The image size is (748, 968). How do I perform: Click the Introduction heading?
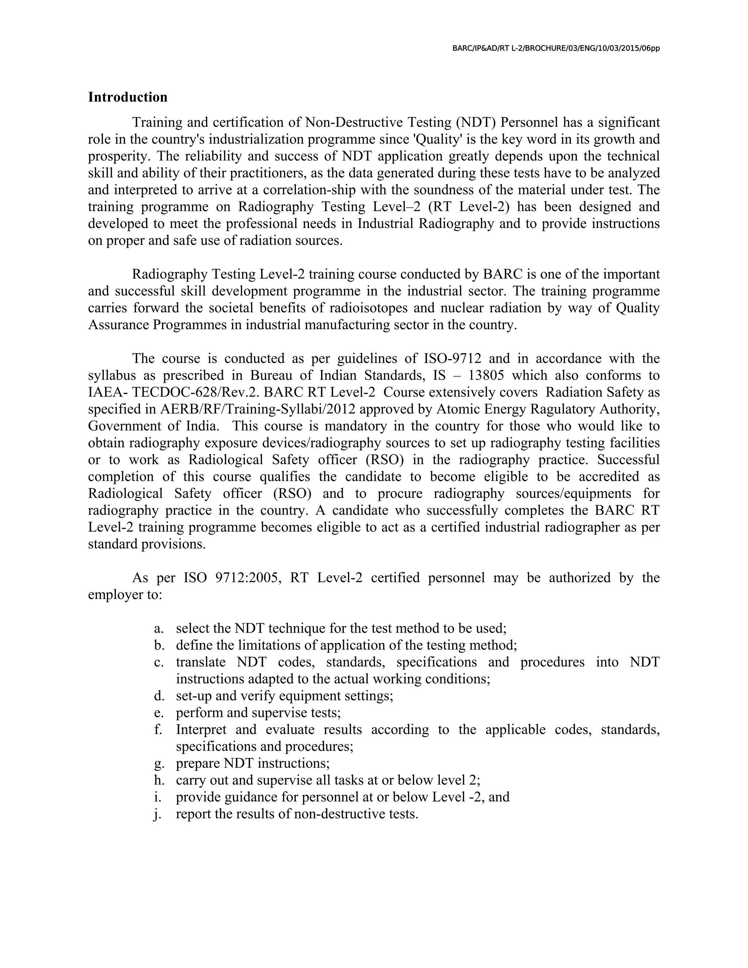click(x=127, y=97)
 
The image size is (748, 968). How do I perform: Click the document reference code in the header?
click(x=556, y=48)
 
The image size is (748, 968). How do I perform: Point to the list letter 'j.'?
click(x=157, y=814)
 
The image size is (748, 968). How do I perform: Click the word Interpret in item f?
click(x=201, y=729)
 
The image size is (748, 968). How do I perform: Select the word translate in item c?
click(x=200, y=662)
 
